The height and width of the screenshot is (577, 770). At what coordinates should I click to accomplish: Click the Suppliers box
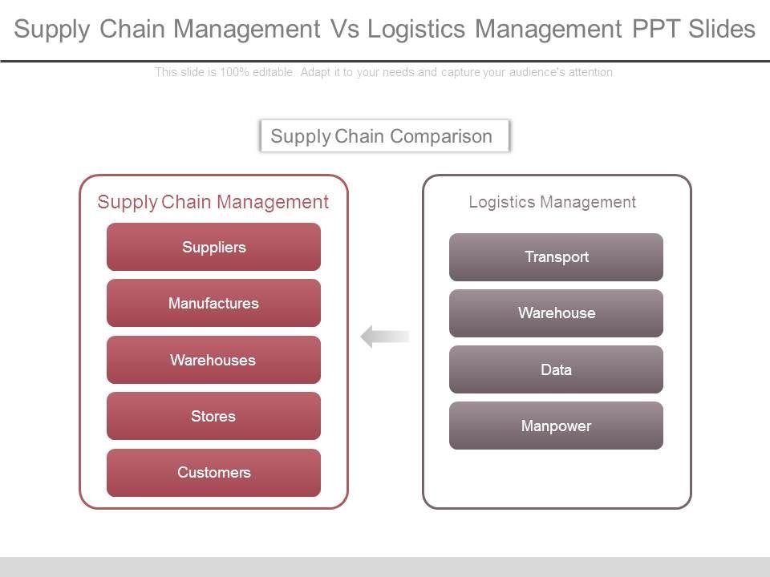(213, 247)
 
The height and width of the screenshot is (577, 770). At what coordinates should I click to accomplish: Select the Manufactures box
(213, 303)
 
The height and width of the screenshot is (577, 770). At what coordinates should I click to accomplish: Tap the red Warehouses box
(213, 360)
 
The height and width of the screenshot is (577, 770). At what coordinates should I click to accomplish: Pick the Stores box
(213, 416)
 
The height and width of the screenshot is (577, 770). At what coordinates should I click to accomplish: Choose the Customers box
(213, 472)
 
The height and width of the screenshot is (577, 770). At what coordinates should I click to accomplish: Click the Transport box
(556, 256)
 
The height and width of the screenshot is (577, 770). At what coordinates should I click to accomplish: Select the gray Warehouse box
(556, 313)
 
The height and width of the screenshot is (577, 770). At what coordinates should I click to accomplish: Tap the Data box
(556, 369)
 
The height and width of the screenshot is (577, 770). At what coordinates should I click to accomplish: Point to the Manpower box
(556, 426)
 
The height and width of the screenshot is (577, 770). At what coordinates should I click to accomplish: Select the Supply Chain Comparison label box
(385, 135)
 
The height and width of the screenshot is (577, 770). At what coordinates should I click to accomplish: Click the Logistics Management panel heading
(552, 202)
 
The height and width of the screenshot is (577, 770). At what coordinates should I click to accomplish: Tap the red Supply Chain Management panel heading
(213, 202)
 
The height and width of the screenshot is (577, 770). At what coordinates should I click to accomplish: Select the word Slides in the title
(720, 30)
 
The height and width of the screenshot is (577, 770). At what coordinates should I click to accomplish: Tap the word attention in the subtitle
(592, 72)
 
